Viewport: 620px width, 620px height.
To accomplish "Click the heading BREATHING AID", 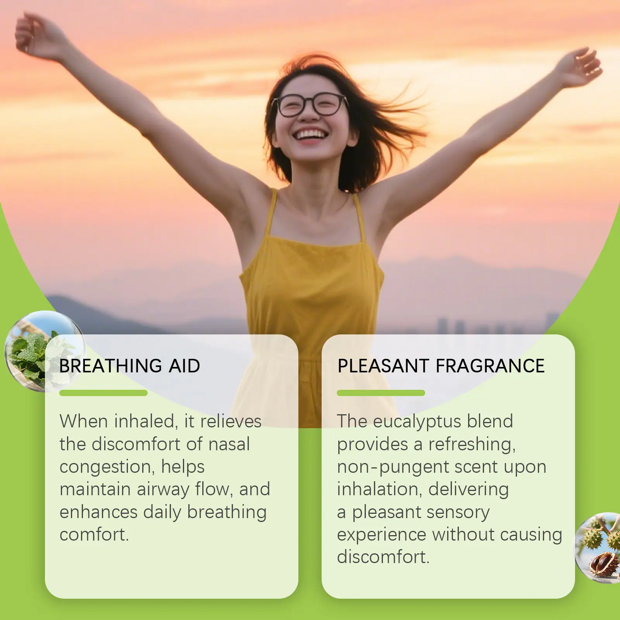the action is coord(130,366).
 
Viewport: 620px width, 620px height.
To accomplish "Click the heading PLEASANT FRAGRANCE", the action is coord(441,366).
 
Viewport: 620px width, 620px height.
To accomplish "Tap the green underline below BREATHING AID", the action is coord(103,393).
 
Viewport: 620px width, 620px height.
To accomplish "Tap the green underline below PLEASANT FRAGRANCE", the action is coord(381,393).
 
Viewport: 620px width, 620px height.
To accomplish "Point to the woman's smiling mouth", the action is coord(311,135).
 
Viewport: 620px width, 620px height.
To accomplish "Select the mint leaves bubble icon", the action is coord(45,351).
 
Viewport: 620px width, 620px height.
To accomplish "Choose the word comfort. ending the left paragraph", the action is coord(94,535).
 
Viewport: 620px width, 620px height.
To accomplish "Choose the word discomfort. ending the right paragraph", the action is coord(383,557).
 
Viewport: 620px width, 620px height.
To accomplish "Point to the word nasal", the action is coord(229,444).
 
